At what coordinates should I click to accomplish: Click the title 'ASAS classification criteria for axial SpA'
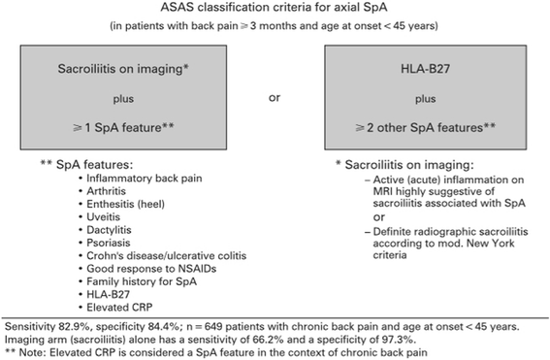275,10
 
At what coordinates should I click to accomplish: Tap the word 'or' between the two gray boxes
275,99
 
